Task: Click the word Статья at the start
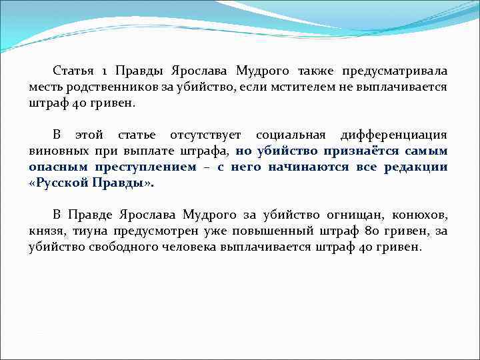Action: [73, 71]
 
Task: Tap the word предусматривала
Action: [395, 71]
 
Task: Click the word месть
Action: [45, 87]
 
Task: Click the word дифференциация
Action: [393, 135]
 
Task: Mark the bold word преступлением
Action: [145, 167]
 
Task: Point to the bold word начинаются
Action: [308, 167]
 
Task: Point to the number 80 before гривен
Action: [370, 231]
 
